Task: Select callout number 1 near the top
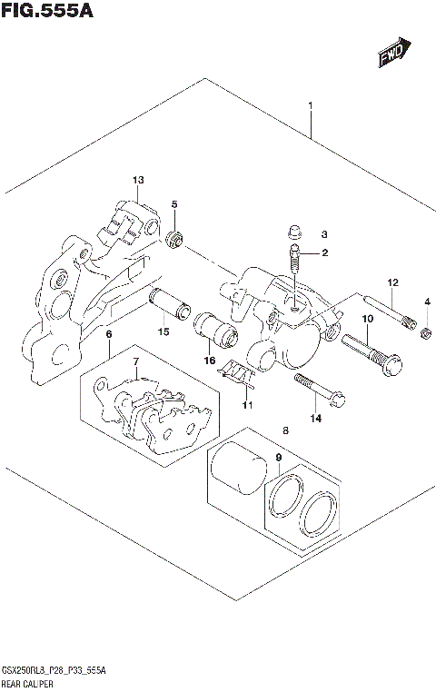(x=310, y=106)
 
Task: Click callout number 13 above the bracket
(x=138, y=179)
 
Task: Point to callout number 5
(x=175, y=204)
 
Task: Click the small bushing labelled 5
(x=176, y=239)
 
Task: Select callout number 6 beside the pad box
(x=108, y=335)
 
